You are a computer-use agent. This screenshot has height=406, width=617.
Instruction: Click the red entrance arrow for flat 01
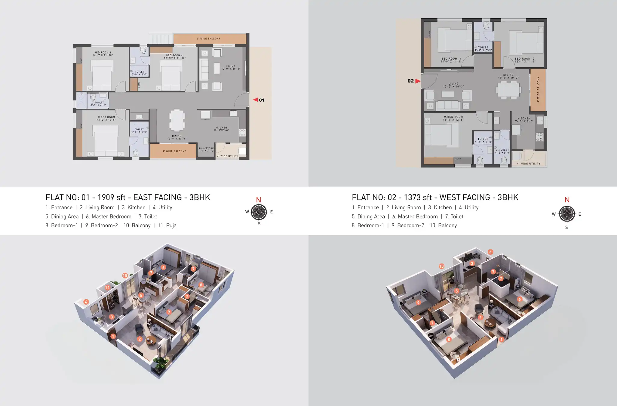255,100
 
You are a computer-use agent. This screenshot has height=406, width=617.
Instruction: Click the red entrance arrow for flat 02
418,81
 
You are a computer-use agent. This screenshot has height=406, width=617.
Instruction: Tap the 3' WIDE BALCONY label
208,39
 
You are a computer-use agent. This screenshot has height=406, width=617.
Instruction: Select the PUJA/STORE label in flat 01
206,149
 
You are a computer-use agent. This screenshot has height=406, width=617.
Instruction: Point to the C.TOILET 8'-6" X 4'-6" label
98,104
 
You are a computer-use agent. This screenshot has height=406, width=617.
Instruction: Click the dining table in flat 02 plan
508,90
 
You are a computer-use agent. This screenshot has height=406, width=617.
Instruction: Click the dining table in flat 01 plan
177,121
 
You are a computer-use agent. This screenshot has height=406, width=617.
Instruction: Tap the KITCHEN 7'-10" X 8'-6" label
524,120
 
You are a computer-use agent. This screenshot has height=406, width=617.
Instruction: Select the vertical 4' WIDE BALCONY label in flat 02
538,90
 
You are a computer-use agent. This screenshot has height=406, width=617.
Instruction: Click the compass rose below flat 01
259,212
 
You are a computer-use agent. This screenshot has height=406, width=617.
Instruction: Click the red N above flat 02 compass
567,200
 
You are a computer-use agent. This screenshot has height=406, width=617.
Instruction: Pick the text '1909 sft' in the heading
112,197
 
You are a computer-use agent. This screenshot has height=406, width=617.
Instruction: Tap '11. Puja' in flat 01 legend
167,225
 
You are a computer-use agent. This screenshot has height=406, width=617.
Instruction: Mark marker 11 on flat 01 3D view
107,288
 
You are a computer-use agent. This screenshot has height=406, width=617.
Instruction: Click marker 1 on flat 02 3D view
501,339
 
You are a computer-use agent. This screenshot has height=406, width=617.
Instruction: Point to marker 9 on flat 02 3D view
418,303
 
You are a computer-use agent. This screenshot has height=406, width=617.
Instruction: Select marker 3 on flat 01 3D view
112,317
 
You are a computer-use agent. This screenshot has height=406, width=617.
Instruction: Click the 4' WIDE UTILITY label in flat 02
529,164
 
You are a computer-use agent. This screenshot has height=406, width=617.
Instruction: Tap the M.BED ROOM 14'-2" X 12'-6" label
106,118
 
